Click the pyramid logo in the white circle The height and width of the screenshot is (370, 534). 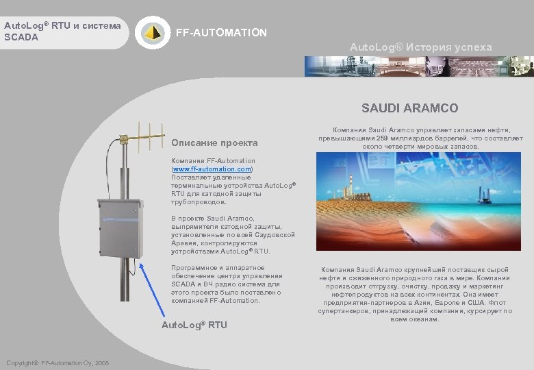coord(151,32)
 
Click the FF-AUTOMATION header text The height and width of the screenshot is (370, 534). coord(222,33)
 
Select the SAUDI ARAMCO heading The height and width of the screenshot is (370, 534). coord(410,108)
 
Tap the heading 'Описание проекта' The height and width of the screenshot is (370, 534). coord(214,143)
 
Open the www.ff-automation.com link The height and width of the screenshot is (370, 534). coord(212,169)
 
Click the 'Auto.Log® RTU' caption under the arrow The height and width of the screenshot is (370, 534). coord(194,324)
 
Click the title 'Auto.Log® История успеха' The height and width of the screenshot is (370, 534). coord(420,47)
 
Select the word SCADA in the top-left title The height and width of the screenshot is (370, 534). coord(21,36)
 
